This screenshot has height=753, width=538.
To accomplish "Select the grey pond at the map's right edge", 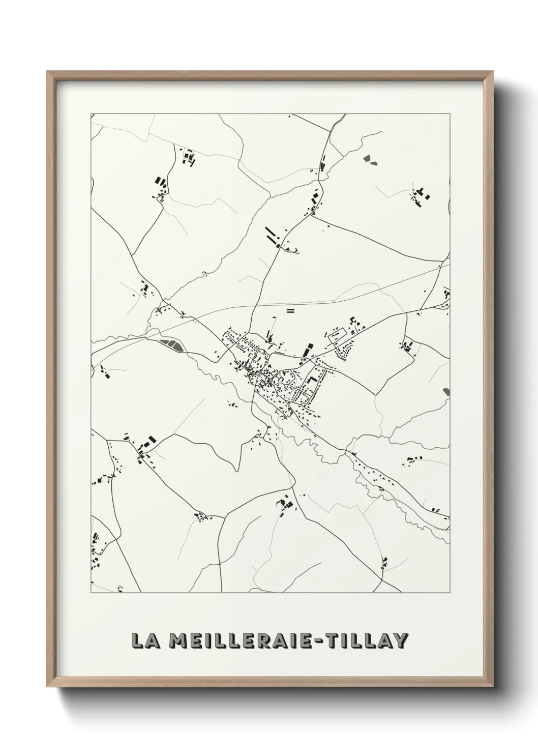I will coord(446,391).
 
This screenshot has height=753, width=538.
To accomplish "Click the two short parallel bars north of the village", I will coord(290,310).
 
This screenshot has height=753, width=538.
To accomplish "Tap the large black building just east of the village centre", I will coord(307,350).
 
